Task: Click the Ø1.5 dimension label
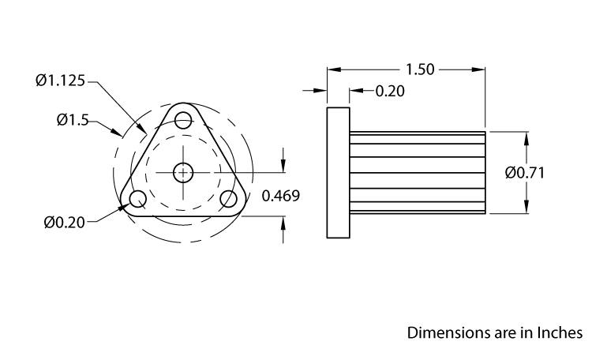coord(72,120)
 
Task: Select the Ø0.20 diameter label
coord(65,223)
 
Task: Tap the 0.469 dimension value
coord(280,196)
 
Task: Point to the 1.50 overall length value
coord(420,69)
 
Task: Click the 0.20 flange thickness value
coord(389,92)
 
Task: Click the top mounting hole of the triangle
coord(184,120)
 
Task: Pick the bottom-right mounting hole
coord(229,198)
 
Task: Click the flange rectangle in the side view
coord(338,172)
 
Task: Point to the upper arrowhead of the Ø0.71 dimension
coord(526,137)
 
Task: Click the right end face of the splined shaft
coord(485,172)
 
